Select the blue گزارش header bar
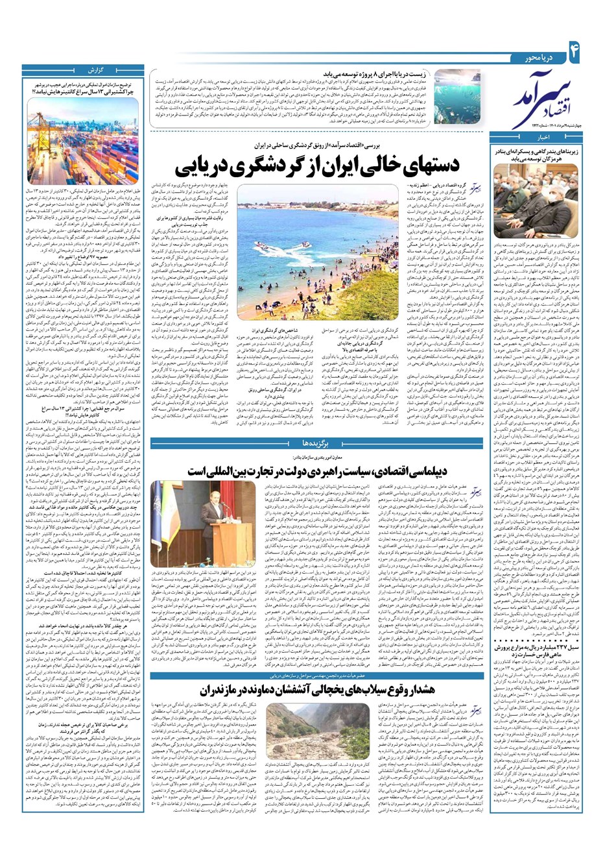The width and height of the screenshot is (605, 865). [x=88, y=69]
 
